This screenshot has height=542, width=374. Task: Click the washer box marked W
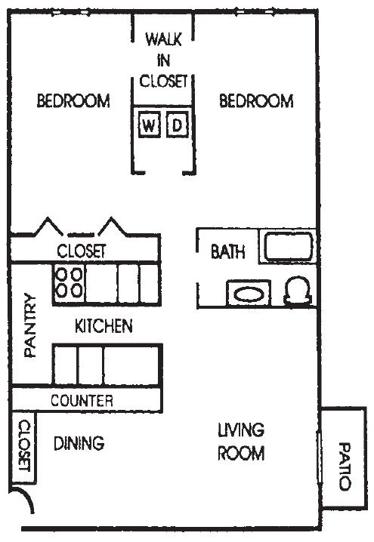point(149,125)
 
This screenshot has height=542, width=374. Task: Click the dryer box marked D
point(177,125)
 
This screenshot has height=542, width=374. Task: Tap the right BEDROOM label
point(255,100)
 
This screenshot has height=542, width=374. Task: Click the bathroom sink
point(249,293)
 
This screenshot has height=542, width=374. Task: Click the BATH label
point(227,252)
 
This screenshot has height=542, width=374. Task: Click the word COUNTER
point(82,401)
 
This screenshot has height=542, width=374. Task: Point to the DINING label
point(79,443)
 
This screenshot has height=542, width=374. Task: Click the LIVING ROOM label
point(241,442)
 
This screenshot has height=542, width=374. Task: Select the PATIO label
point(345,466)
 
